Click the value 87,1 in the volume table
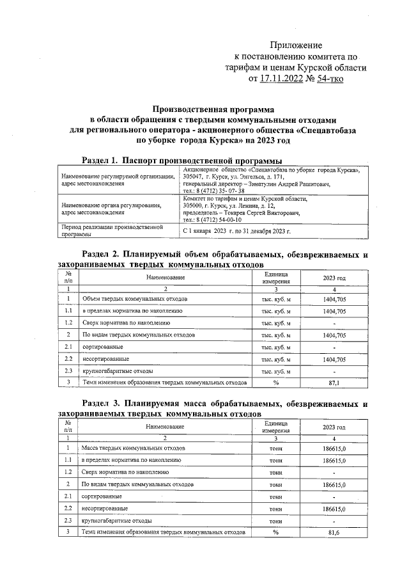pos(334,383)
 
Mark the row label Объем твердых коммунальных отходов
pos(135,299)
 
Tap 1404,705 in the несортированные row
pos(334,359)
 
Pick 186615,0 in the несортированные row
pos(334,509)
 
